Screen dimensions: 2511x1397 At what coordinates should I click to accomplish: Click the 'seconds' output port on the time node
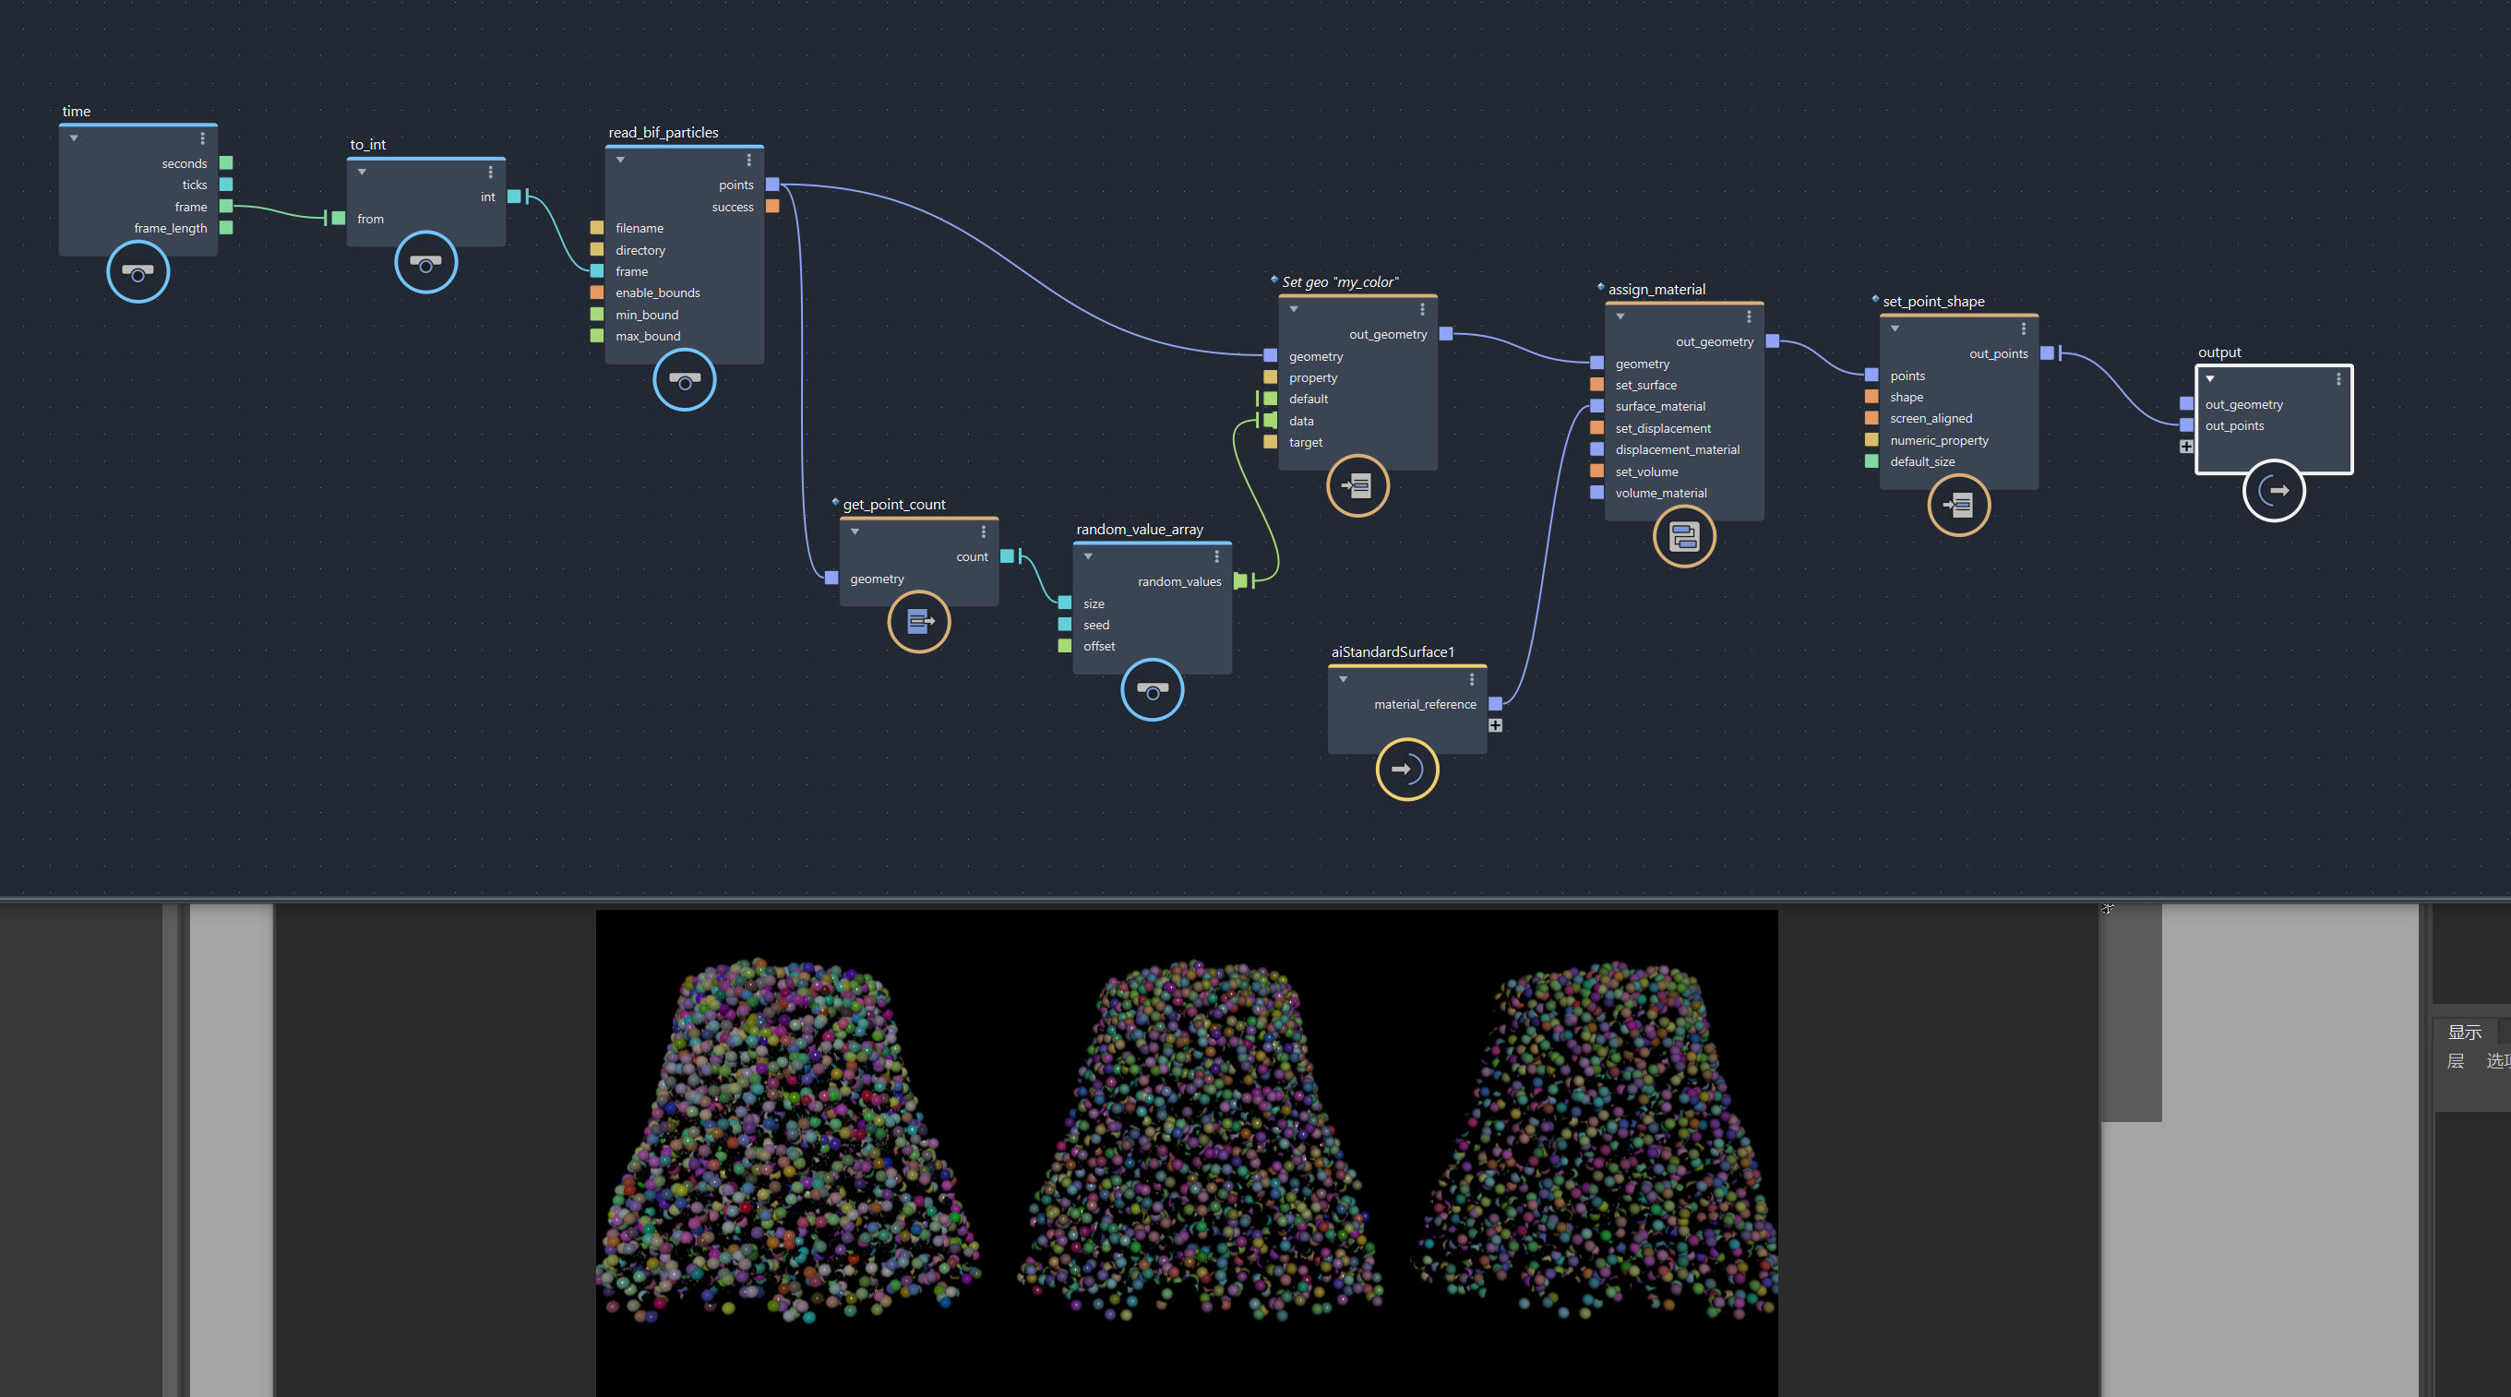click(226, 162)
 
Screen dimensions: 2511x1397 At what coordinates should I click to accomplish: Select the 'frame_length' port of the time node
click(226, 228)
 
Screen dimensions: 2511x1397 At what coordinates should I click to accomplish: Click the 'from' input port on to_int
click(339, 219)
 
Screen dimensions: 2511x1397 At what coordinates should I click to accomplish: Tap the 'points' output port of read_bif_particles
click(772, 185)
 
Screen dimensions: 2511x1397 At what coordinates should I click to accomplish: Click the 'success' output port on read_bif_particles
click(772, 207)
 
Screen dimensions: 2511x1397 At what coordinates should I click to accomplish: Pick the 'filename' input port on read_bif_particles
click(596, 228)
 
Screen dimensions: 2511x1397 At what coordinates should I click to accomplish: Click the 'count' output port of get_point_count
click(1007, 556)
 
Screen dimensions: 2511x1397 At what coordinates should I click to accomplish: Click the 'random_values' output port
click(1240, 581)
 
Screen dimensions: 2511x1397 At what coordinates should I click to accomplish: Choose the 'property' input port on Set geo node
click(1270, 377)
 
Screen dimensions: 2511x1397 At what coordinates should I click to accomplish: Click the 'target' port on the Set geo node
click(1270, 443)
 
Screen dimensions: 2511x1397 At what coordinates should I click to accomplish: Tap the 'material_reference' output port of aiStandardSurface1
click(1495, 704)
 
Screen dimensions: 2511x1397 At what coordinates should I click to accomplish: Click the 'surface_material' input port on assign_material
click(1596, 407)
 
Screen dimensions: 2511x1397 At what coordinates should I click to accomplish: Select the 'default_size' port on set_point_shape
click(1871, 462)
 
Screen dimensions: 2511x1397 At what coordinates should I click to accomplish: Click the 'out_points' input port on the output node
click(2186, 426)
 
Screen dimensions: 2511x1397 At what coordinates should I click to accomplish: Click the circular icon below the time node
click(138, 272)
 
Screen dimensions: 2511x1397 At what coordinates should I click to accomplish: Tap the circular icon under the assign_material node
click(1683, 537)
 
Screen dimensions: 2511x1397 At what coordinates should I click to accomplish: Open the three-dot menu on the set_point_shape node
click(2023, 328)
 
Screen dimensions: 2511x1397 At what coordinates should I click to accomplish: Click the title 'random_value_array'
click(1140, 530)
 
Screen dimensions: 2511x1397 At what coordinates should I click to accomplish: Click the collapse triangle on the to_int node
click(362, 173)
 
